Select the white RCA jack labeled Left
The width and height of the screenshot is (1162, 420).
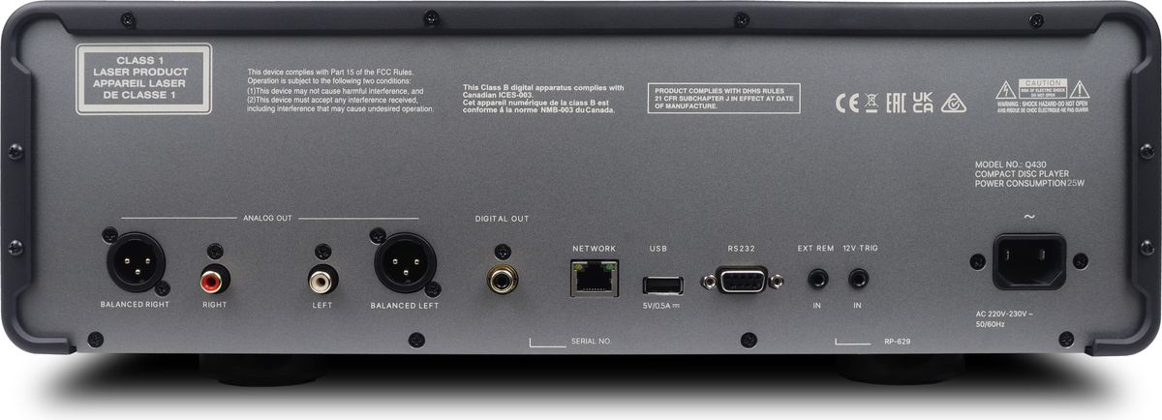pyautogui.click(x=321, y=283)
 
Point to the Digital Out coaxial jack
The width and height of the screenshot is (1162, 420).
pyautogui.click(x=502, y=282)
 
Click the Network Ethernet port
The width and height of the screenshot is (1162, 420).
pyautogui.click(x=594, y=278)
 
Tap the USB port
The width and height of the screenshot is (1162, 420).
pyautogui.click(x=662, y=285)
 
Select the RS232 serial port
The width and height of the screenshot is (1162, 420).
pyautogui.click(x=740, y=282)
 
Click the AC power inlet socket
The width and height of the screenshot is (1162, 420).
pyautogui.click(x=1027, y=262)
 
